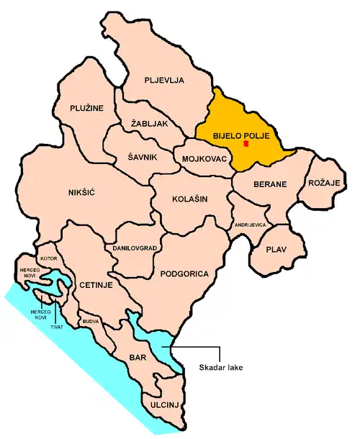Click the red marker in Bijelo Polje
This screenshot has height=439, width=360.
click(x=246, y=144)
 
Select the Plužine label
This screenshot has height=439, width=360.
click(x=87, y=108)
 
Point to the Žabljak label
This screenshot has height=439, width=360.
click(x=149, y=123)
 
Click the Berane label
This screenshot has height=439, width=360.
click(x=270, y=184)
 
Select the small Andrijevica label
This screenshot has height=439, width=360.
click(x=251, y=225)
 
